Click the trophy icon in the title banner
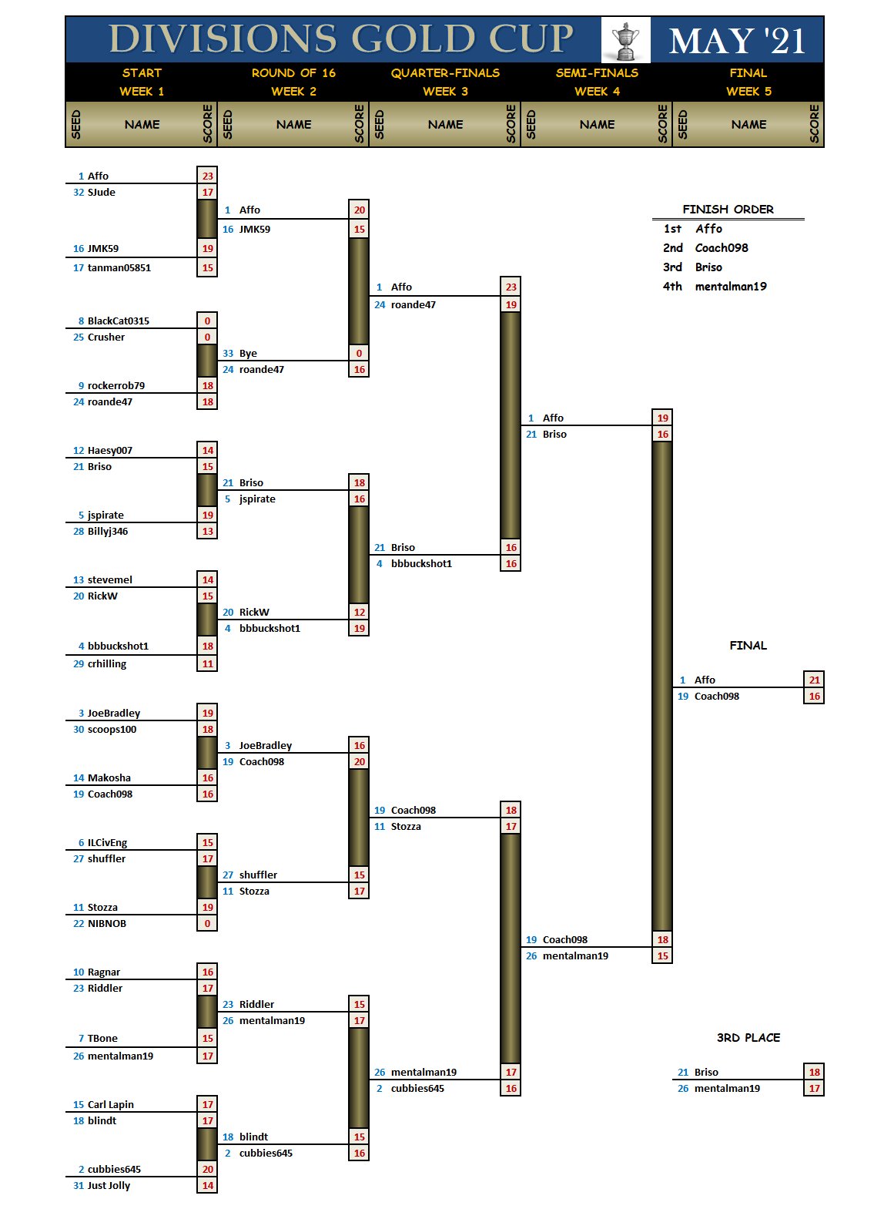pos(625,40)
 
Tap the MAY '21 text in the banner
pos(737,41)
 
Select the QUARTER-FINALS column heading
pos(445,73)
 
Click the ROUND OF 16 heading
pos(293,73)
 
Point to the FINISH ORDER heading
pos(728,210)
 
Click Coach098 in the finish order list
pos(722,248)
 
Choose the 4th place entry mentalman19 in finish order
pos(731,287)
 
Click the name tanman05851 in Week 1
pos(119,268)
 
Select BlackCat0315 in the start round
pos(119,321)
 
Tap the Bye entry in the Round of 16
pos(248,354)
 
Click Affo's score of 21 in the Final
pos(814,680)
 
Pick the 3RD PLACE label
pos(748,1038)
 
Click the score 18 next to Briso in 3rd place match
pos(814,1072)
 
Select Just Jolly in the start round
pos(109,1186)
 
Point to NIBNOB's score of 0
pos(207,924)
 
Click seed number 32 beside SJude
pos(79,193)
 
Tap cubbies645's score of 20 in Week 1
pos(207,1169)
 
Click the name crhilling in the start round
pos(107,664)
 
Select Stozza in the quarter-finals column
pos(406,827)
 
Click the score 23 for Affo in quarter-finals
pos(511,287)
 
